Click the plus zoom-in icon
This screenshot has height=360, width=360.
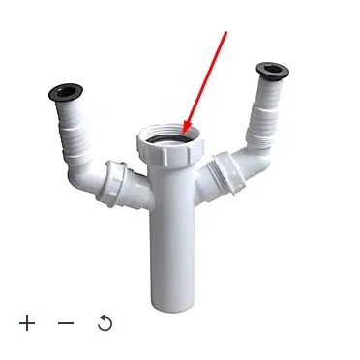[x=27, y=322]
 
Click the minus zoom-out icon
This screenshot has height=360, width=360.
[x=66, y=322]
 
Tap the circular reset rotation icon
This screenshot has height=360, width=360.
[x=105, y=322]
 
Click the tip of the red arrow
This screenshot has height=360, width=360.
[x=184, y=133]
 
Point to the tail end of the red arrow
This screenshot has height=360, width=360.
[x=226, y=32]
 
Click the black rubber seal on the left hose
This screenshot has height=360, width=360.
[x=65, y=93]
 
